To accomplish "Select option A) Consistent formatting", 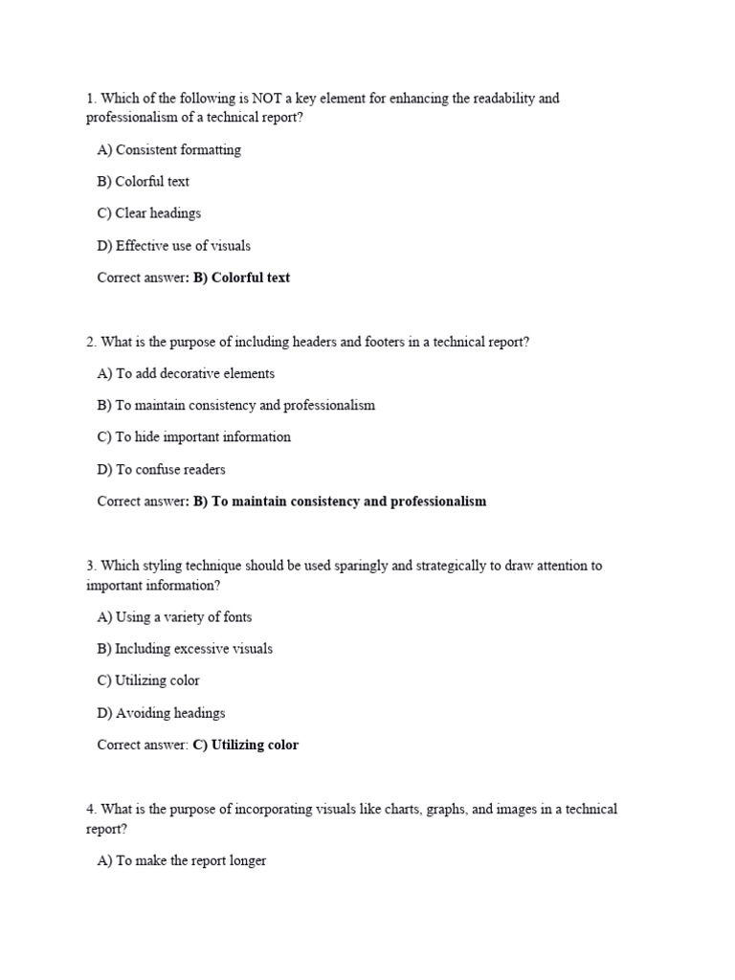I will [168, 150].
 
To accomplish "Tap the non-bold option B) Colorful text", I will [143, 182].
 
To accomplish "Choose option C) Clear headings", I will [148, 213].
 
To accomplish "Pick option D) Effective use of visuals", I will [173, 246].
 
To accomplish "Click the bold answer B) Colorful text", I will [241, 278].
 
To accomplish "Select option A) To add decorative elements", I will [186, 374].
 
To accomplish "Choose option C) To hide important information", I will [193, 437].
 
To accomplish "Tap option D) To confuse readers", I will [161, 470].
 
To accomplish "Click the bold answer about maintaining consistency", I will [340, 501].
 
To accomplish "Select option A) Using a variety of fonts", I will [174, 617].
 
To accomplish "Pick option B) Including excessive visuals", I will [185, 649].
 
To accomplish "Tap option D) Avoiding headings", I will [161, 713].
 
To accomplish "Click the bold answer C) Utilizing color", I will [246, 745].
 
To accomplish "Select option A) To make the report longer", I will [182, 861].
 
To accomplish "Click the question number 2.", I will [90, 342].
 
